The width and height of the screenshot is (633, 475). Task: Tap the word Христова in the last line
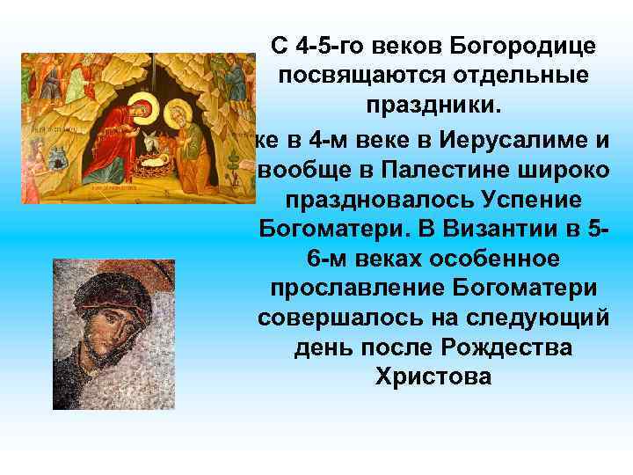coord(432,378)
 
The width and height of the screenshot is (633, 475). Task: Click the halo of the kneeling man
coord(175,106)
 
